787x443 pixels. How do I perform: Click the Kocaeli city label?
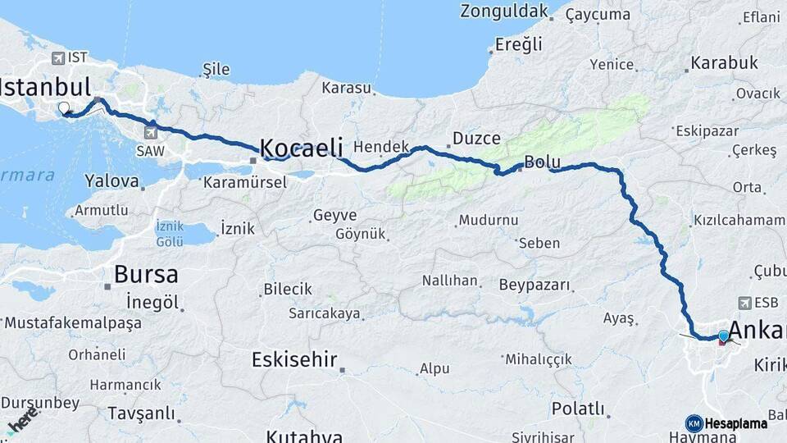pos(301,148)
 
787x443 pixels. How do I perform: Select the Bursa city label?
pos(146,274)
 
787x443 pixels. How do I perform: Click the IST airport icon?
pos(57,57)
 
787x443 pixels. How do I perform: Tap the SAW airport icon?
pos(151,130)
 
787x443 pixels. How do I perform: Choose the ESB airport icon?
pos(744,302)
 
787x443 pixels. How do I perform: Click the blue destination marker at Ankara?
pos(723,336)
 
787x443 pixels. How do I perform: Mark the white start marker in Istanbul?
pos(64,107)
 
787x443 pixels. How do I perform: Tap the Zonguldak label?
pos(503,11)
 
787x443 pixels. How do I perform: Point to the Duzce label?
pos(476,139)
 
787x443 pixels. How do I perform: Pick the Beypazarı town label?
pos(534,285)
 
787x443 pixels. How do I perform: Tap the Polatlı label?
pos(578,409)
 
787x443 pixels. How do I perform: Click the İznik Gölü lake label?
pos(171,234)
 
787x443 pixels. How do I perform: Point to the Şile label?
pos(216,70)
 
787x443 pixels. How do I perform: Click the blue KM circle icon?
pos(694,423)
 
